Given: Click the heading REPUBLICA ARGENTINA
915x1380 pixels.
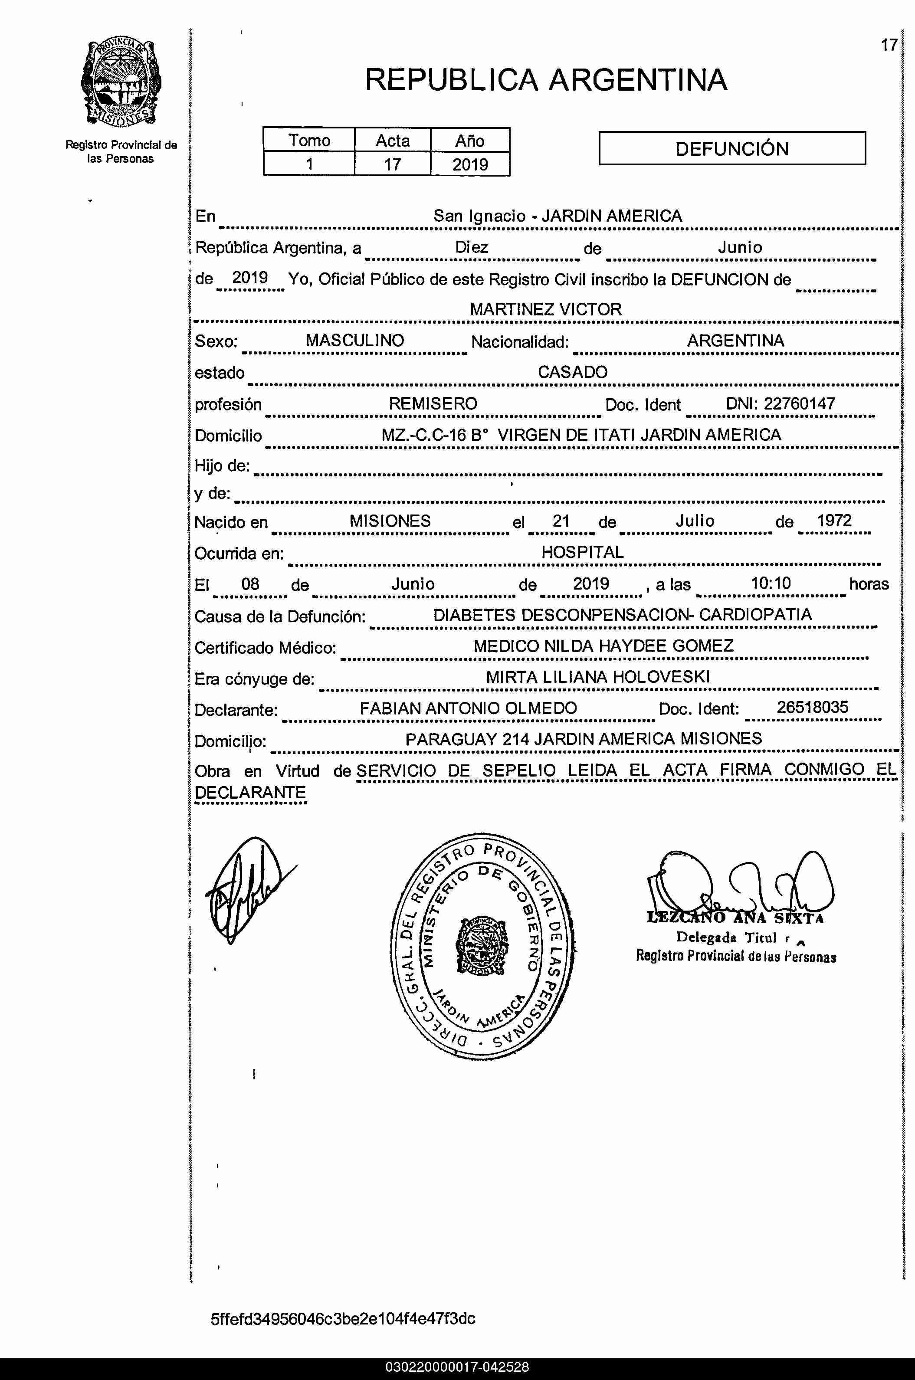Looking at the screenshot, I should (x=546, y=80).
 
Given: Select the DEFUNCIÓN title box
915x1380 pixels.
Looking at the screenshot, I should (x=732, y=148).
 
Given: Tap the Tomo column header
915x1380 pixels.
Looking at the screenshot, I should (x=309, y=141).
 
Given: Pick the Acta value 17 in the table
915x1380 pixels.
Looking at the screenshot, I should (x=392, y=164).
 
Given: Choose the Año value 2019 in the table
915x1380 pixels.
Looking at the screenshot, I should (x=470, y=164).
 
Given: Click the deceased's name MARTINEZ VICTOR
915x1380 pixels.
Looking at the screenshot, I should (x=546, y=309).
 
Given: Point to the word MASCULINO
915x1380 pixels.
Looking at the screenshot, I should (x=355, y=340).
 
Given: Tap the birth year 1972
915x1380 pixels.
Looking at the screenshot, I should (x=834, y=521).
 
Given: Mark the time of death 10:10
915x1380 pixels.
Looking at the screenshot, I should (x=770, y=583).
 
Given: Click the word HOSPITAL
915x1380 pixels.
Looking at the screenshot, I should (x=582, y=552).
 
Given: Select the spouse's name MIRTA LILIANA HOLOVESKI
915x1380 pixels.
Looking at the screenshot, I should (x=597, y=677).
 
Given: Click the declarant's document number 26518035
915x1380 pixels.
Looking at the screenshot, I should (x=812, y=707).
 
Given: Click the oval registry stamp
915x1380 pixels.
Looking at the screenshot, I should (x=482, y=945).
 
